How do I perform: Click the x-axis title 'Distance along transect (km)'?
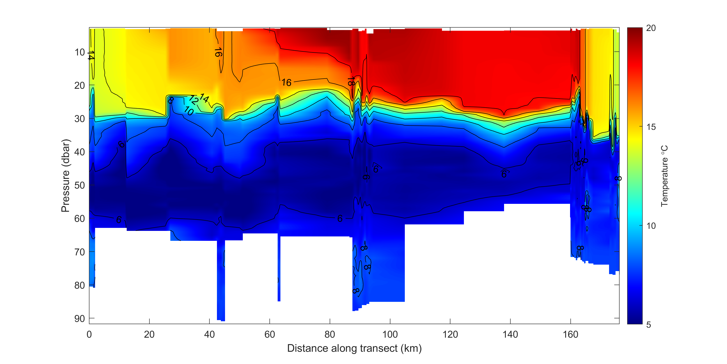coord(354,348)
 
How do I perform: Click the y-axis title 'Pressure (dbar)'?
coord(66,175)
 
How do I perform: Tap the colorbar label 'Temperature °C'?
coord(664,176)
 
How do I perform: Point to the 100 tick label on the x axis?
coord(390,335)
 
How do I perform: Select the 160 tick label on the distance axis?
coord(570,335)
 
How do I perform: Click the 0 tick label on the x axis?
coord(89,335)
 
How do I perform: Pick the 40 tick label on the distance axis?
coord(209,335)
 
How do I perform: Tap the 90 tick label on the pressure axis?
coord(80,318)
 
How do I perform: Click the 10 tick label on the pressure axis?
coord(80,52)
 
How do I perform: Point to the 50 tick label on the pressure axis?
coord(80,185)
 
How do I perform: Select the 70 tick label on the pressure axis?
coord(80,252)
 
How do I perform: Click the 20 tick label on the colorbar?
coord(651,28)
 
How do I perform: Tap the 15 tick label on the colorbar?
coord(651,127)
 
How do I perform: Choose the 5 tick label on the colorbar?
coord(649,325)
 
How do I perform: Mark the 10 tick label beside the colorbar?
coord(651,226)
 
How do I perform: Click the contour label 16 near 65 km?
coord(286,83)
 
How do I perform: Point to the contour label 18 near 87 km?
coord(351,82)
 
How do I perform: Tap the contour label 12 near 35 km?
coord(194,100)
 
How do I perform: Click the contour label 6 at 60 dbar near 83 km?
coord(340,218)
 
